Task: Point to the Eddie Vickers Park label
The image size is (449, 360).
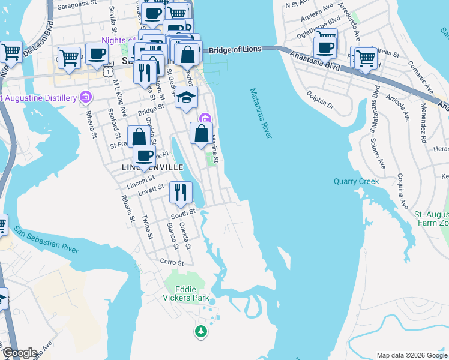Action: click(184, 292)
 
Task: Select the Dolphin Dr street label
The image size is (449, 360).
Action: click(319, 98)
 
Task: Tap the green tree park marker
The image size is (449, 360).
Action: click(200, 331)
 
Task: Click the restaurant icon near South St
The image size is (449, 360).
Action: click(180, 193)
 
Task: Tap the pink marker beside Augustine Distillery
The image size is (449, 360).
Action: click(85, 97)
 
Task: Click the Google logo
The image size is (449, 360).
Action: click(20, 353)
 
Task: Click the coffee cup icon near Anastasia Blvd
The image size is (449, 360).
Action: click(325, 47)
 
